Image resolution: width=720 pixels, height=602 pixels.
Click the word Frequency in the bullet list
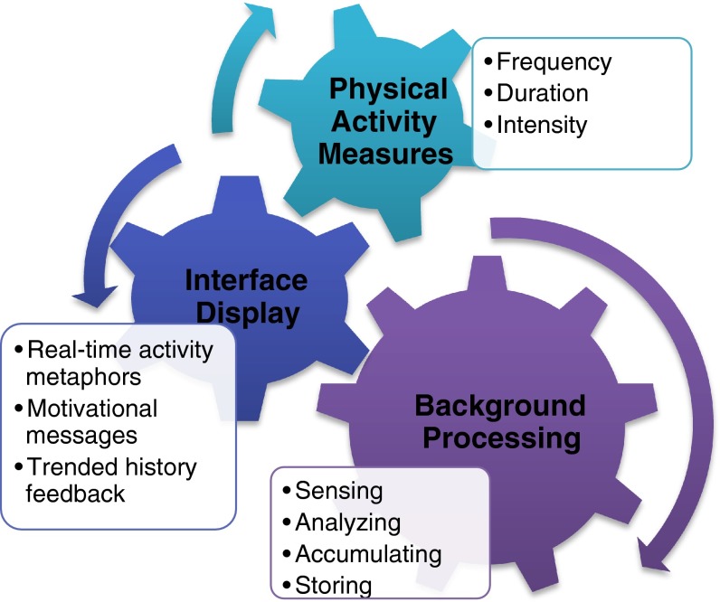click(x=554, y=62)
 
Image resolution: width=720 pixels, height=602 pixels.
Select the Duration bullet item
click(x=543, y=93)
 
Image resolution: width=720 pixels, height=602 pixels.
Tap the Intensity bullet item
click(x=541, y=124)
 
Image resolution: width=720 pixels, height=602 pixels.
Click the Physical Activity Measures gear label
click(x=388, y=121)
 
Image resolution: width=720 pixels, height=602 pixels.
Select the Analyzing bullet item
click(x=347, y=522)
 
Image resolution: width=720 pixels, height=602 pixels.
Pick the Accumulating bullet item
click(x=367, y=553)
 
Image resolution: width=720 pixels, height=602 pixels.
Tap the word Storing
click(x=334, y=584)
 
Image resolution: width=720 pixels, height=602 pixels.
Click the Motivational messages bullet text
click(x=86, y=421)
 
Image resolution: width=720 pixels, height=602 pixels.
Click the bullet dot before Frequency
click(x=489, y=62)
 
